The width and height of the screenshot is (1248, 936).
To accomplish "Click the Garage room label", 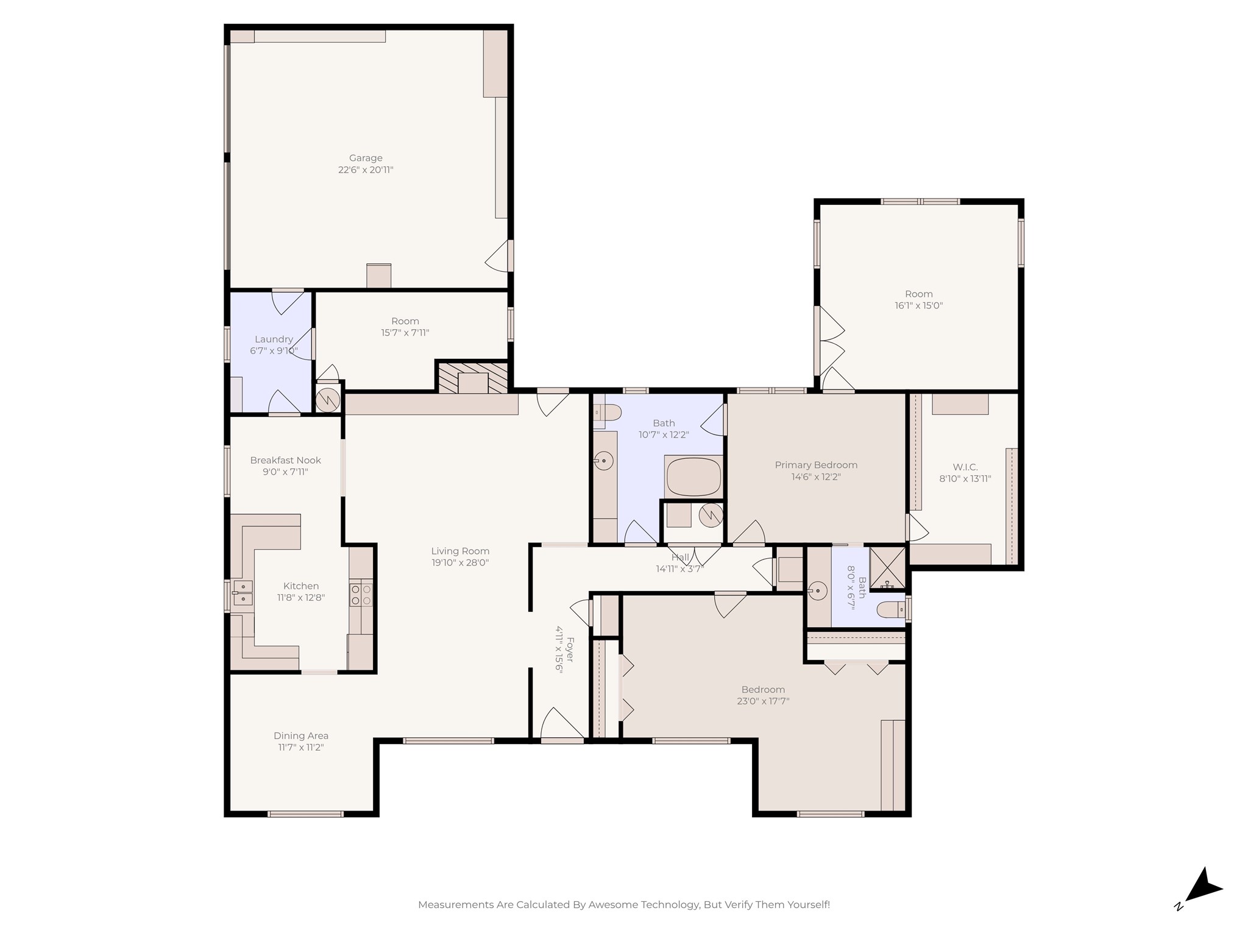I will point(366,158).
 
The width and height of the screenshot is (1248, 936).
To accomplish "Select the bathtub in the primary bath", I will point(693,477).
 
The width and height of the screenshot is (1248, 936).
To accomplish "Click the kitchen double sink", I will point(243,593).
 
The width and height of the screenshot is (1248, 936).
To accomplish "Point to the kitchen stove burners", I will point(360,595).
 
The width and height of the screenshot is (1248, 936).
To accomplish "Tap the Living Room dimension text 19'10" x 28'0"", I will point(460,563).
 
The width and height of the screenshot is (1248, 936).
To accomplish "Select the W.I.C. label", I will point(965,467).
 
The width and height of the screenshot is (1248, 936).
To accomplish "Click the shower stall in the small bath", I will point(887,568).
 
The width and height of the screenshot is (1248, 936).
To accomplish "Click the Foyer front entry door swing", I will point(561,724).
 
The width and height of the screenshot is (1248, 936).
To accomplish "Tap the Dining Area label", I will point(301,736).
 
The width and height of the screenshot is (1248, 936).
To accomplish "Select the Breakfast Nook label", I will point(285,460).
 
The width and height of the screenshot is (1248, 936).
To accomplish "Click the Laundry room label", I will point(274,339).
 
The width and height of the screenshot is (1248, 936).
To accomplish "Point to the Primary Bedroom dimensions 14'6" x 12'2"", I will point(816,477).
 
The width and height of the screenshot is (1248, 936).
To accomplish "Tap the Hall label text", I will point(680,558).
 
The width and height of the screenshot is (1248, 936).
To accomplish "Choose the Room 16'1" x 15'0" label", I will point(918,294).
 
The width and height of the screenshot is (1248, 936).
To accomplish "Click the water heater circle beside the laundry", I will point(328,399).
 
